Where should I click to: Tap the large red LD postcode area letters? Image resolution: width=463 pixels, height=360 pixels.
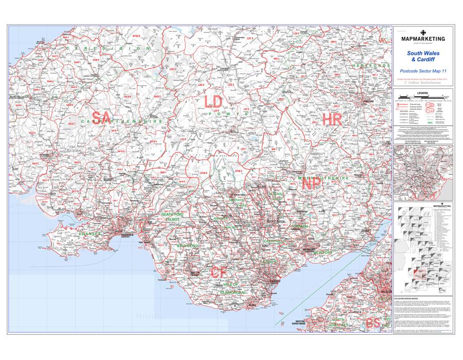pos(213,102)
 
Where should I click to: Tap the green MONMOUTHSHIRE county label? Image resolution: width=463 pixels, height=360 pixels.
pos(324,178)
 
